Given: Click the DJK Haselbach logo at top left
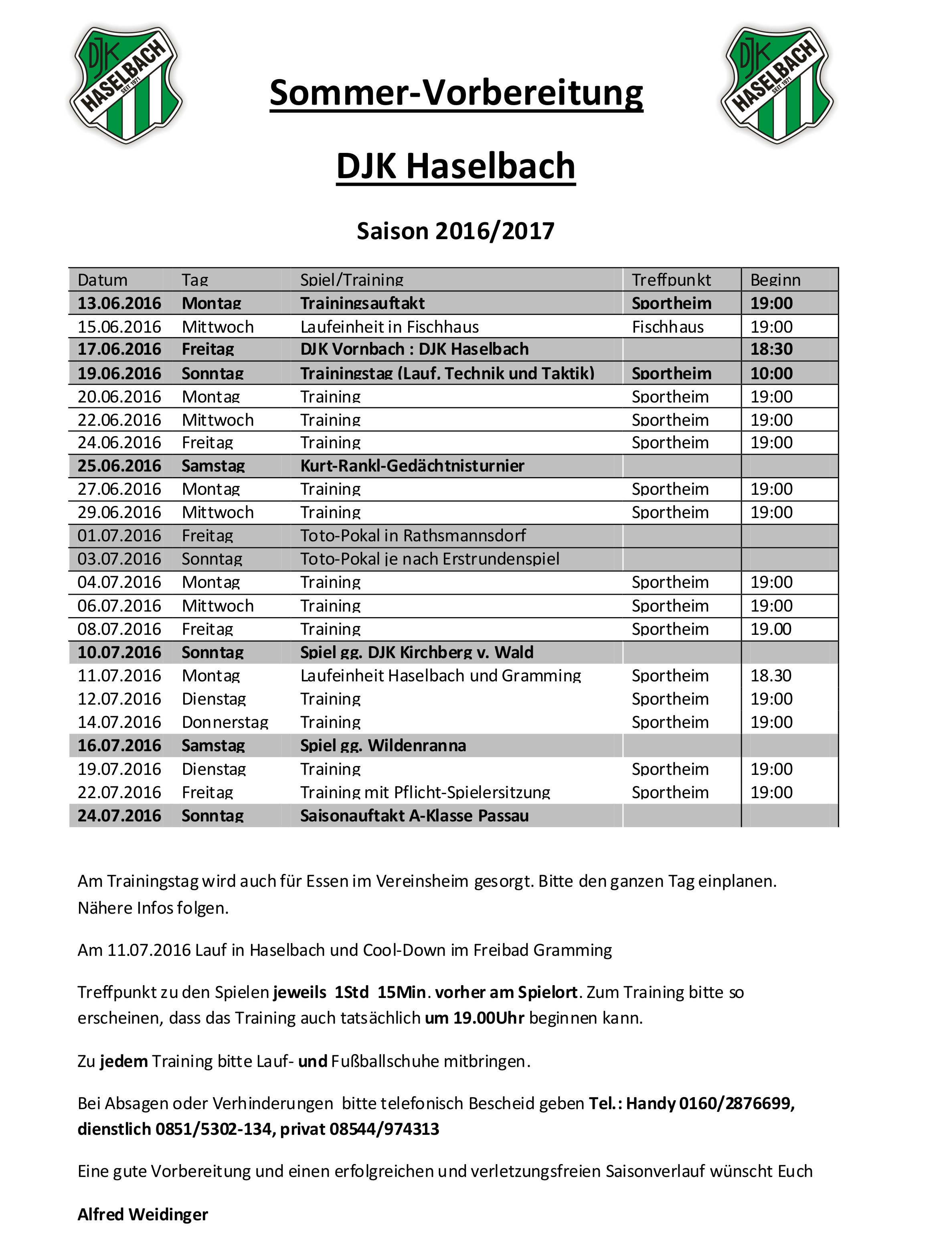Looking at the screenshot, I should (125, 85).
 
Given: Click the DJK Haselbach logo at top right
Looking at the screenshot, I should (777, 85).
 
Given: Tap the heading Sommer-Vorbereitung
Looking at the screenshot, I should (456, 93).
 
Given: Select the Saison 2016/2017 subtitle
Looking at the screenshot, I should (455, 231).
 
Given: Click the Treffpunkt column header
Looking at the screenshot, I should (671, 280).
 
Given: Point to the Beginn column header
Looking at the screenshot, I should (775, 280).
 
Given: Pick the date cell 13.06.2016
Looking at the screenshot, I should (119, 303).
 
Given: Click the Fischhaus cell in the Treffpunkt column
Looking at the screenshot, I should (668, 327).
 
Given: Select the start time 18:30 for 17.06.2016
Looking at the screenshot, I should (771, 349).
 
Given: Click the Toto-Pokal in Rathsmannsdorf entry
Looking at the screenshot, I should (413, 535).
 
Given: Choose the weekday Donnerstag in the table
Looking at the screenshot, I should (225, 722).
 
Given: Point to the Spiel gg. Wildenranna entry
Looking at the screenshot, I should (383, 746).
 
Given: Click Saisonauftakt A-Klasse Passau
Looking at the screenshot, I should (415, 815).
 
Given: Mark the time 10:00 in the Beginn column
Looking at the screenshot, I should (771, 373).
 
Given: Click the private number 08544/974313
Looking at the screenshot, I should (384, 1129).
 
